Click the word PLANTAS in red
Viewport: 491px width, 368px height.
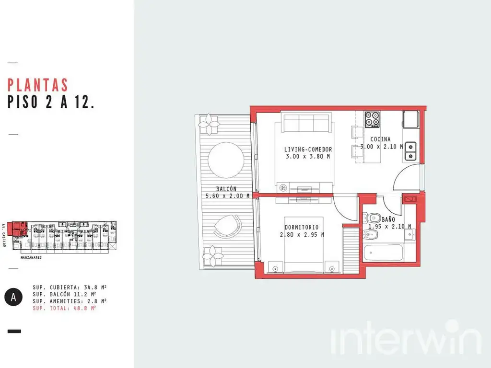tap(37, 85)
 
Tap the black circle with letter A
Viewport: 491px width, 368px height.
tap(13, 297)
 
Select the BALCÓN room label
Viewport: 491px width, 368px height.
tap(226, 189)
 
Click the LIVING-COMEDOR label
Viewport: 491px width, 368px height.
tap(308, 149)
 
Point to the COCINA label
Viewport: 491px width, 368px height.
tap(380, 139)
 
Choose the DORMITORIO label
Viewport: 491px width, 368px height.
tap(302, 227)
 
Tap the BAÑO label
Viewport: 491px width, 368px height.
tap(388, 219)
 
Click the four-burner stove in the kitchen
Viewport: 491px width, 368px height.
tap(372, 119)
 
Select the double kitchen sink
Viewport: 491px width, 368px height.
tap(410, 151)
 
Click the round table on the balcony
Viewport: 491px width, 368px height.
tap(226, 160)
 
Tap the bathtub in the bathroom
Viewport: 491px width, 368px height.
tap(384, 253)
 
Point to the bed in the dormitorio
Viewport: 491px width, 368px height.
tap(304, 244)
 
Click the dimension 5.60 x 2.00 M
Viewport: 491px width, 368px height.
tap(228, 196)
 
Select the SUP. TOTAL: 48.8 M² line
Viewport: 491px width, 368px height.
tap(64, 308)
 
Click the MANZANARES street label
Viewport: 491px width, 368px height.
tap(31, 257)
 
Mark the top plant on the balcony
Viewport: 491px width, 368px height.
tap(209, 124)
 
